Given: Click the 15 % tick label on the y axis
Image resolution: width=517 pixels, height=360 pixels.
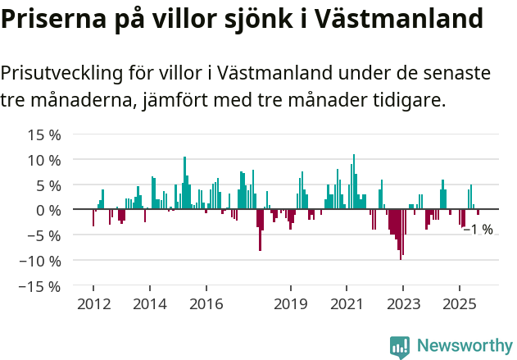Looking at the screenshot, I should [44, 134].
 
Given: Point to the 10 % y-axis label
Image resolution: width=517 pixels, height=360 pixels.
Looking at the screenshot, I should [44, 159].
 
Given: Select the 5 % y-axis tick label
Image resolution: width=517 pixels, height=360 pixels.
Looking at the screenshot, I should [48, 185].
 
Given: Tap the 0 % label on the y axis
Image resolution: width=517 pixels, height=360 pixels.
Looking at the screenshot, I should [48, 210].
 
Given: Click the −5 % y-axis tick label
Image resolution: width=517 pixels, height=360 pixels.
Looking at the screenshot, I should [45, 235].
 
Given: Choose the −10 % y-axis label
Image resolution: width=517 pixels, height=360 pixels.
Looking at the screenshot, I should [41, 261].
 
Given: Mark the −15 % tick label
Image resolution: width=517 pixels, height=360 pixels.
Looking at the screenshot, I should [41, 286].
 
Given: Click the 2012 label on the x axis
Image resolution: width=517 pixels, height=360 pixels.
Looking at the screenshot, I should [93, 304].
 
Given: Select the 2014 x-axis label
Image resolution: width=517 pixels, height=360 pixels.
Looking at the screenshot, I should [149, 304].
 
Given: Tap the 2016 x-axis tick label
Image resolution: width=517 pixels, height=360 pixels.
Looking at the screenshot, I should [206, 304].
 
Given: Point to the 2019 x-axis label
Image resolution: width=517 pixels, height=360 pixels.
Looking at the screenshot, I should [290, 304].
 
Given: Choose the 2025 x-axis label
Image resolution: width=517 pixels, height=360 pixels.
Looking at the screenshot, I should [459, 304].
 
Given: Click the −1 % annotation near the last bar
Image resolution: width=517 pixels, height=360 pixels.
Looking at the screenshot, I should [478, 230].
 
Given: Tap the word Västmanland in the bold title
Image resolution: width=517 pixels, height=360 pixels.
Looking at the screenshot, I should [393, 18].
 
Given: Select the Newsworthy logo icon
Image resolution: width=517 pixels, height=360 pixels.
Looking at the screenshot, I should [400, 347].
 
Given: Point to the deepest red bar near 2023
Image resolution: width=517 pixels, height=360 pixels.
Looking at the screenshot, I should [401, 235].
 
